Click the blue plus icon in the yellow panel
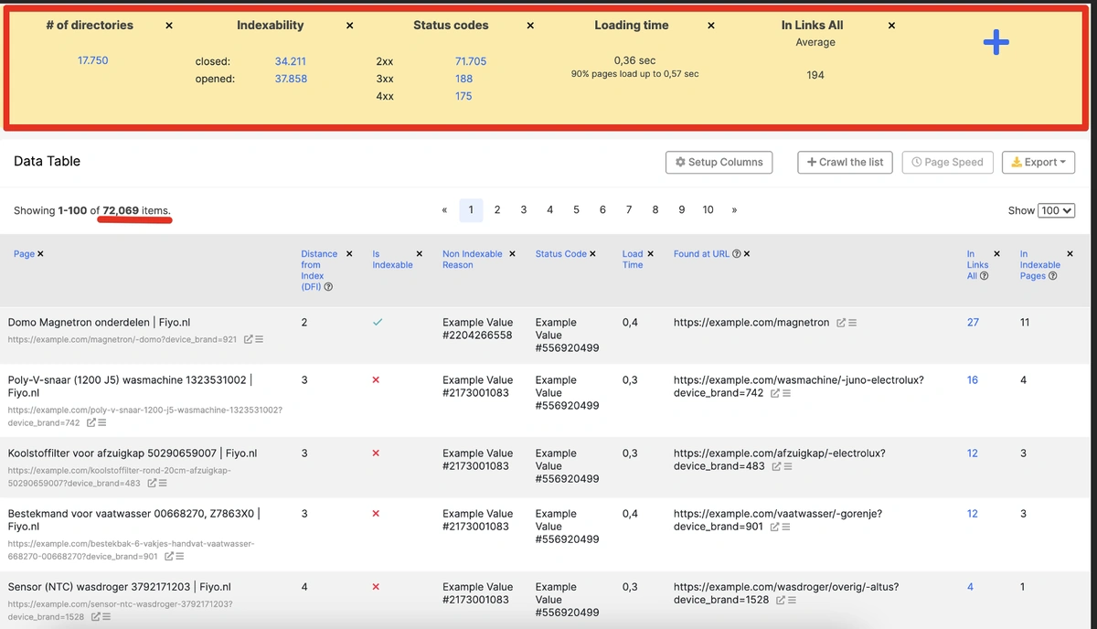(996, 43)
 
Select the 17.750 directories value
(93, 60)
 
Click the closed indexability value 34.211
(291, 62)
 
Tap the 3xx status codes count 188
(463, 79)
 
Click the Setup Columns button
(719, 162)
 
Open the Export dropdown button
(1038, 162)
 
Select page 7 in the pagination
(629, 209)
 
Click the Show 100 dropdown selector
(1057, 210)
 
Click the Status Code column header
(560, 254)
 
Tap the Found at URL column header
(706, 254)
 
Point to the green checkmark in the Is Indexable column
(378, 322)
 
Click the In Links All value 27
(973, 323)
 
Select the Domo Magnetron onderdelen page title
(99, 323)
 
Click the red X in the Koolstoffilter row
(376, 453)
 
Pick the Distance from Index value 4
(304, 587)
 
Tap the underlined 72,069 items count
(121, 210)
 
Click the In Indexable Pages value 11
(1024, 323)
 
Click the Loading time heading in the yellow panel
(631, 26)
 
